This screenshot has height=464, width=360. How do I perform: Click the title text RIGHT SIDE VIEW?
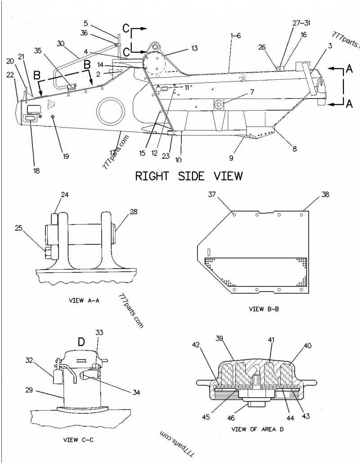[x=189, y=176]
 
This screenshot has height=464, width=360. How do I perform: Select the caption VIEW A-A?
[x=85, y=300]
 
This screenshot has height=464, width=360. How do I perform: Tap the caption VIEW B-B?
[x=262, y=309]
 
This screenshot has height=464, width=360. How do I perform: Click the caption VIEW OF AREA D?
[x=257, y=429]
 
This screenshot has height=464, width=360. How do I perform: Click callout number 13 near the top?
[x=194, y=48]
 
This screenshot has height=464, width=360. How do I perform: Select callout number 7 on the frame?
[x=252, y=92]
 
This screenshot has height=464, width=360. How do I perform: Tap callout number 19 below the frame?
[x=66, y=157]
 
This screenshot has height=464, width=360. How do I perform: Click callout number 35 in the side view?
[x=39, y=51]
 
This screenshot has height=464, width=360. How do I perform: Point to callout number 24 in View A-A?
[x=65, y=195]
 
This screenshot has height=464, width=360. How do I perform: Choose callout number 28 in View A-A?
[x=134, y=211]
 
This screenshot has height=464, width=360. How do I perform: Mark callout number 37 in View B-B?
[x=211, y=194]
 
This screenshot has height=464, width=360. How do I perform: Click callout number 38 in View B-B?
[x=325, y=194]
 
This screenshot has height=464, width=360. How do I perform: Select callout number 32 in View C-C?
[x=29, y=360]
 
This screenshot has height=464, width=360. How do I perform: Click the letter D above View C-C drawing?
[x=81, y=342]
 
